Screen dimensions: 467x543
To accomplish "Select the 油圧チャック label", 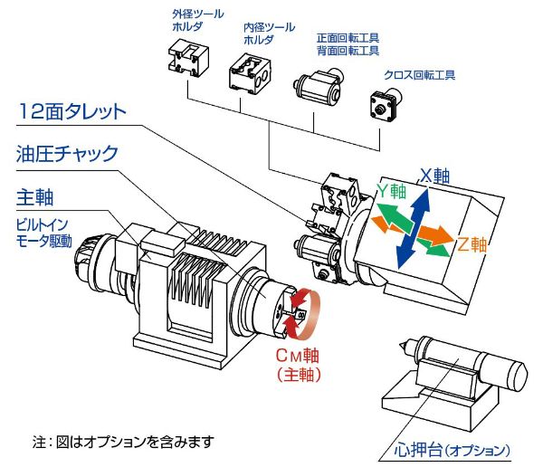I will click(x=67, y=155).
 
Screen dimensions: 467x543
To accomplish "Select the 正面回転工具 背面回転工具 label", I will click(x=347, y=44).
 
